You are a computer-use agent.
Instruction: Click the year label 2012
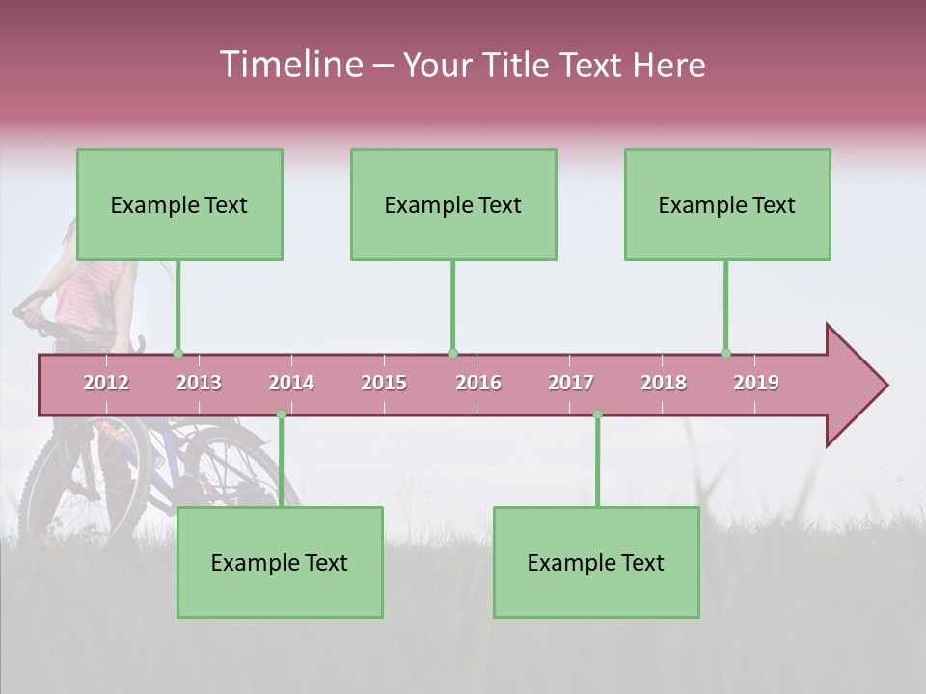tap(106, 383)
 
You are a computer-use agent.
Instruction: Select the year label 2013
tap(199, 383)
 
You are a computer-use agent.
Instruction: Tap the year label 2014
tap(291, 383)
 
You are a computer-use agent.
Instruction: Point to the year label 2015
tap(384, 383)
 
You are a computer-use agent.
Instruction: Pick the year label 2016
tap(478, 383)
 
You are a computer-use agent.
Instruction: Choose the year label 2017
tap(571, 383)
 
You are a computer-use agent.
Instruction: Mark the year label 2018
tap(664, 383)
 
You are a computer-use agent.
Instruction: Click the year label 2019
tap(756, 383)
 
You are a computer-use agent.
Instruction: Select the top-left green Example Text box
tap(179, 204)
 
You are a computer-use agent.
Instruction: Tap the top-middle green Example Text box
tap(453, 204)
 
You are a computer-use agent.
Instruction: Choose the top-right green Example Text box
tap(727, 204)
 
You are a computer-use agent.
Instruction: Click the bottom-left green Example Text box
tap(280, 562)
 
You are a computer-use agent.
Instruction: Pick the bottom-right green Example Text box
tap(596, 562)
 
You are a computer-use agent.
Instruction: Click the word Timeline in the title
tap(289, 65)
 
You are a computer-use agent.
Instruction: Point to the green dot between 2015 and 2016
tap(452, 354)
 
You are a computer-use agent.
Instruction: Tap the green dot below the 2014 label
tap(281, 414)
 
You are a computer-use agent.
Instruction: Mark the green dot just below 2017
tap(597, 414)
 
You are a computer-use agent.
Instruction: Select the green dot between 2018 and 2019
tap(725, 354)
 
